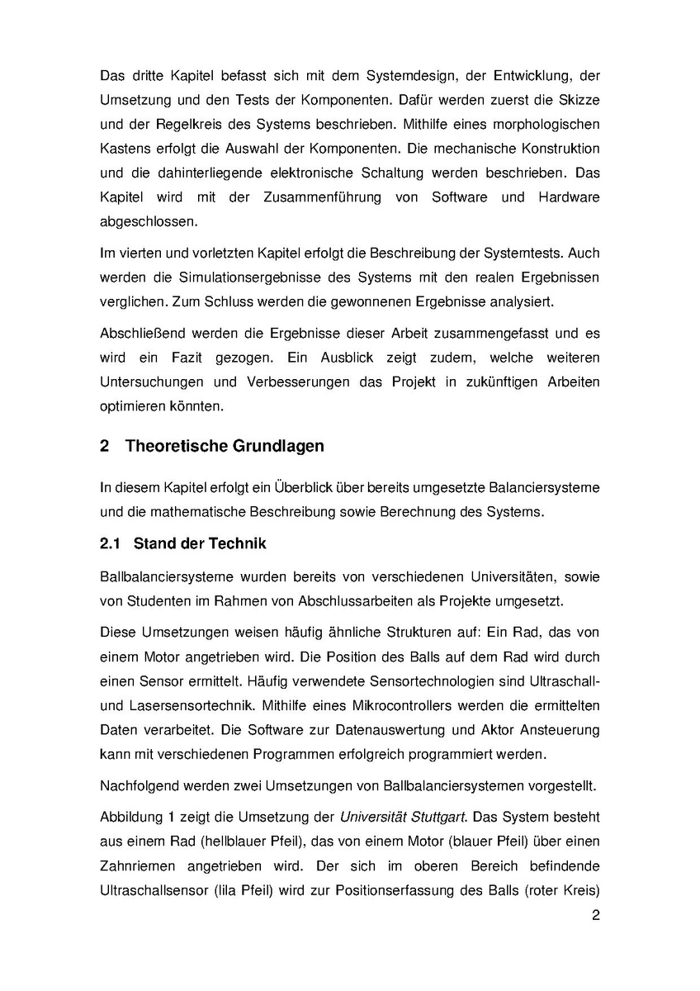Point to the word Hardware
[x=569, y=198]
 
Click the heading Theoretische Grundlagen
[x=225, y=446]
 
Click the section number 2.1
[x=111, y=544]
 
